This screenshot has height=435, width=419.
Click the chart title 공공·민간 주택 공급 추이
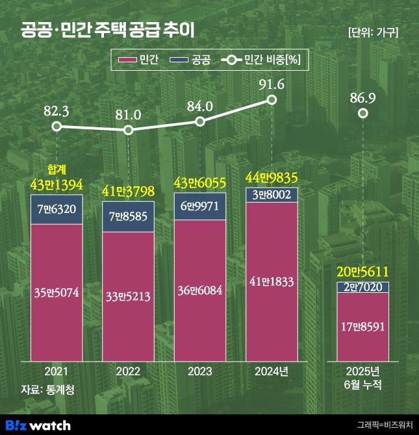click(107, 31)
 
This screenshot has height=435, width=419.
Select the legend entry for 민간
click(137, 61)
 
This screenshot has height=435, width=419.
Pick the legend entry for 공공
click(190, 61)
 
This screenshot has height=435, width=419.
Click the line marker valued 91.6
click(272, 100)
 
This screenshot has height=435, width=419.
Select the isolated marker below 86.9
click(363, 114)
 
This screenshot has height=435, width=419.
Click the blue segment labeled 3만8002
click(272, 194)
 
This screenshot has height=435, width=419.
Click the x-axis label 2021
click(57, 372)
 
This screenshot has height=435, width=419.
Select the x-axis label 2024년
click(272, 372)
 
